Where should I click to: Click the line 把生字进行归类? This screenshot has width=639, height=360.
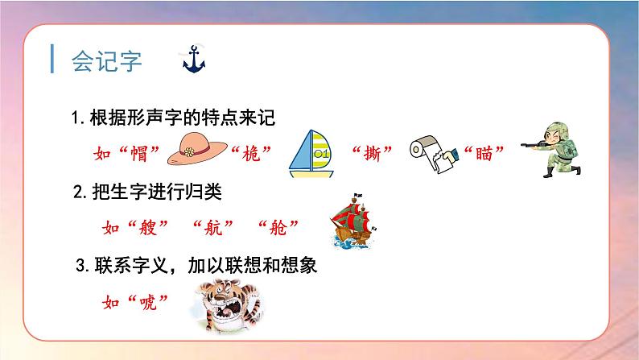point(157,192)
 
